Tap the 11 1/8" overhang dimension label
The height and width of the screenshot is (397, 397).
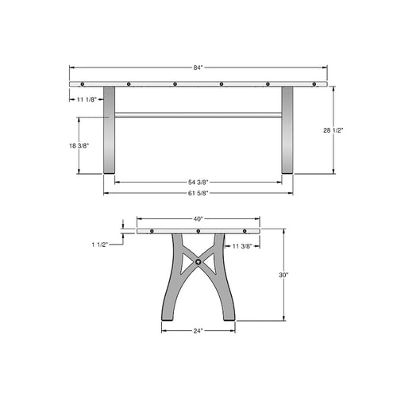pyautogui.click(x=87, y=99)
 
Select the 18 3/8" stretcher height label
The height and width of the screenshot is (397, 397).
pyautogui.click(x=79, y=145)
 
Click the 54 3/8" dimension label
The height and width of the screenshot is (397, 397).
pyautogui.click(x=198, y=183)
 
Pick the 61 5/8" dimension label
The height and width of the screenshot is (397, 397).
pyautogui.click(x=198, y=192)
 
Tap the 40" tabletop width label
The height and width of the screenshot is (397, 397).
pyautogui.click(x=198, y=218)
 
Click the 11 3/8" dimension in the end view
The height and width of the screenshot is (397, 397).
pyautogui.click(x=240, y=246)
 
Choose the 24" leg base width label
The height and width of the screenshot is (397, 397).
pyautogui.click(x=198, y=330)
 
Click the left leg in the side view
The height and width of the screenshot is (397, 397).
pyautogui.click(x=110, y=131)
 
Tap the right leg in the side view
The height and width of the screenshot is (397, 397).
pyautogui.click(x=287, y=131)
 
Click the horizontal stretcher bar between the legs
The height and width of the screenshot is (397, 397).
pyautogui.click(x=198, y=115)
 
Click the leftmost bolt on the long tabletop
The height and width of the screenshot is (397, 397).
pyautogui.click(x=83, y=83)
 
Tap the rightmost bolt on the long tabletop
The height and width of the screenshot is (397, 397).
pyautogui.click(x=314, y=83)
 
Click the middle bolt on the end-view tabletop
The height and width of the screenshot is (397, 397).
pyautogui.click(x=198, y=232)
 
